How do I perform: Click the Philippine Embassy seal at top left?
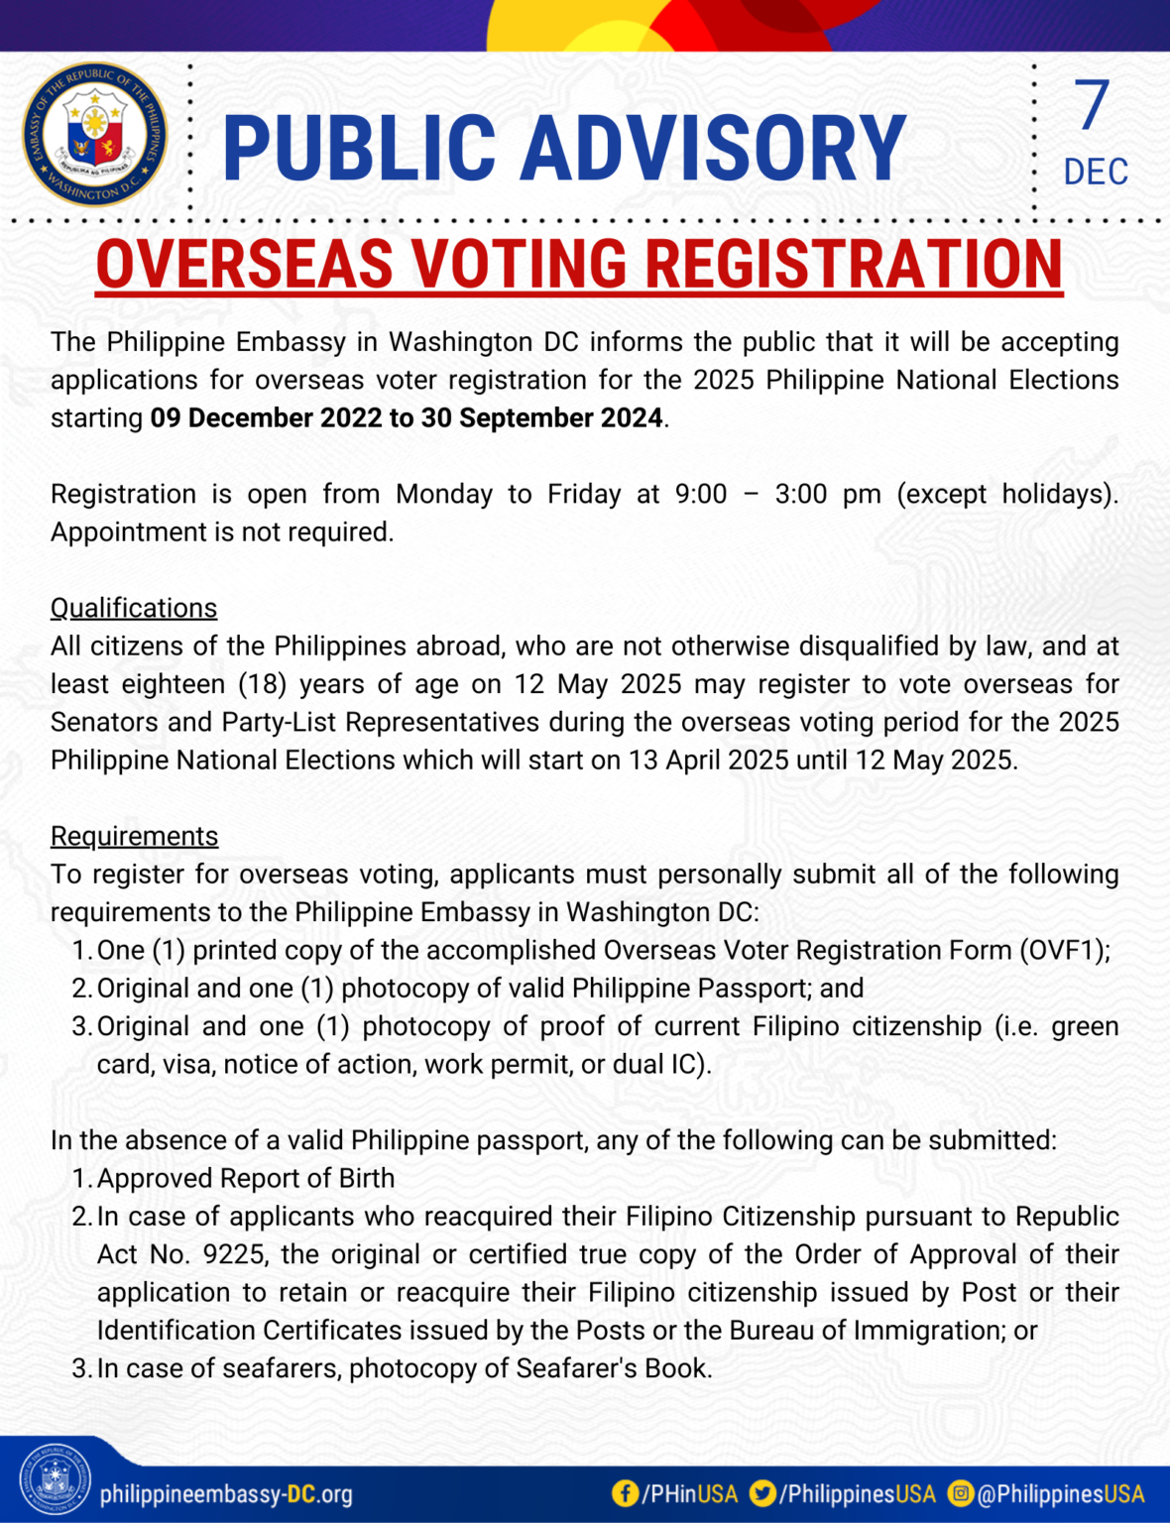[x=95, y=135]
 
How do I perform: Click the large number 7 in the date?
[x=1092, y=105]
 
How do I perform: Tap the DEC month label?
[x=1095, y=172]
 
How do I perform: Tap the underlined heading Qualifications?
[x=134, y=608]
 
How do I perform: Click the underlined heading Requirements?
[x=134, y=836]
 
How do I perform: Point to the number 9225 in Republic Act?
[x=234, y=1254]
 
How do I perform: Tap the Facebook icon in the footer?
[x=625, y=1493]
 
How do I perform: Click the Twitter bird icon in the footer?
[x=762, y=1493]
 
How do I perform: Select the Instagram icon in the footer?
[x=961, y=1493]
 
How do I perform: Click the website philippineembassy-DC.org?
[x=226, y=1494]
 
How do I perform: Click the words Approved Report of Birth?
[x=246, y=1178]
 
